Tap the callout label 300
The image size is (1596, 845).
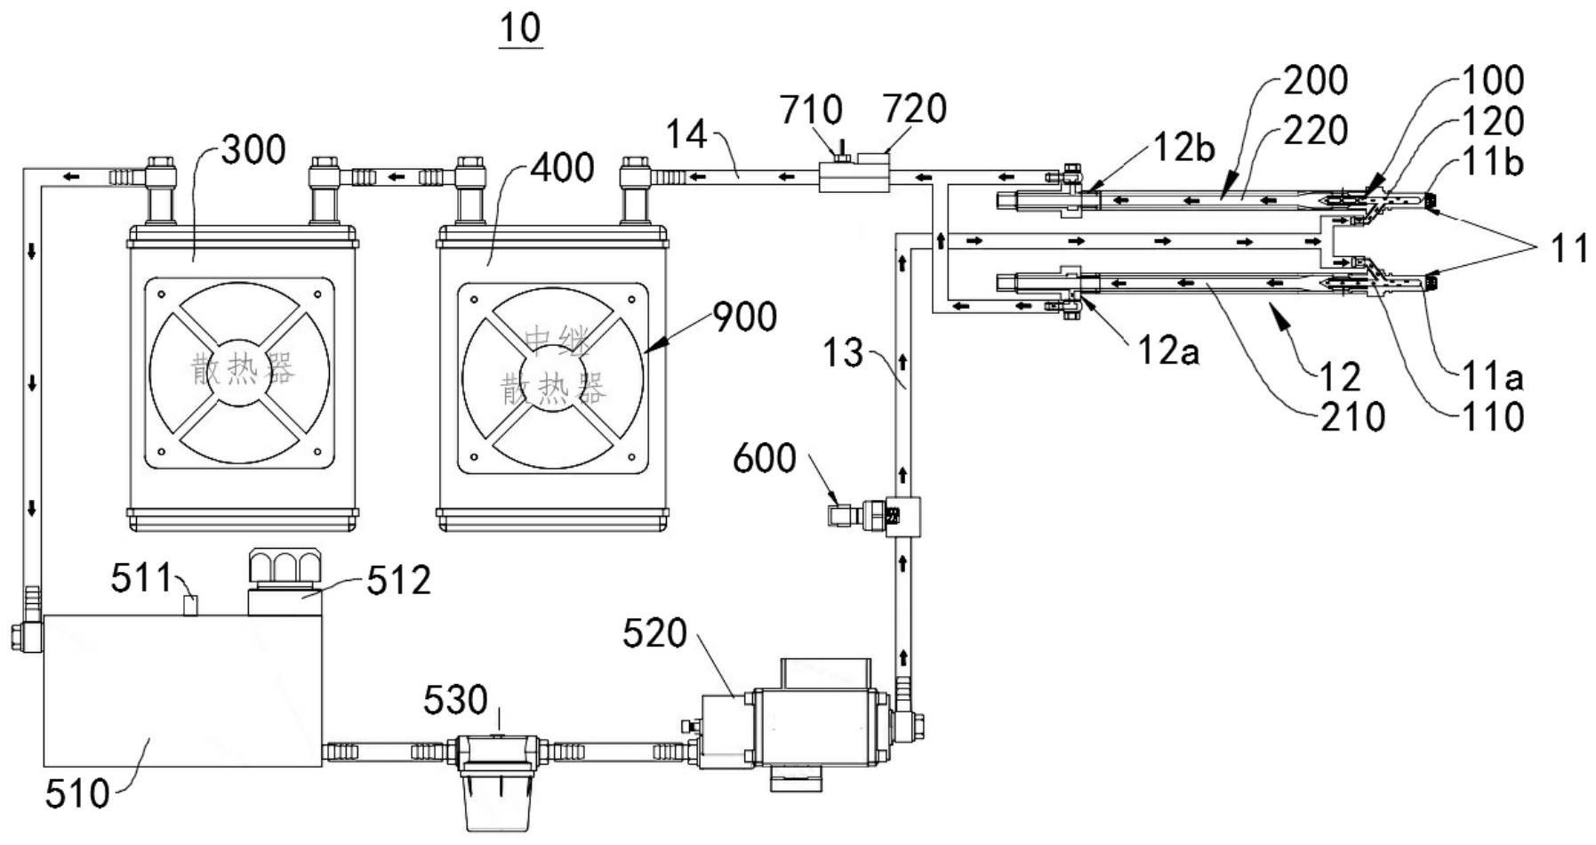(253, 149)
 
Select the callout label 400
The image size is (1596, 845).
(562, 166)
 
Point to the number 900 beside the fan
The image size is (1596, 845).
(745, 317)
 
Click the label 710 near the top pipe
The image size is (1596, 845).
(811, 110)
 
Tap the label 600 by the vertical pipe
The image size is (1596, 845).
(765, 458)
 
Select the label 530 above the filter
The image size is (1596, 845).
(455, 700)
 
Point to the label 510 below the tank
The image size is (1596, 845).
(77, 793)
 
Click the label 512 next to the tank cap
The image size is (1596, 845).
(398, 580)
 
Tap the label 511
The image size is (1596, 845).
(140, 578)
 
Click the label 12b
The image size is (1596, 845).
(1184, 148)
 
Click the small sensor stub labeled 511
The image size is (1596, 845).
(189, 605)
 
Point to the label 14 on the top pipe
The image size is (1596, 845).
(686, 134)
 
